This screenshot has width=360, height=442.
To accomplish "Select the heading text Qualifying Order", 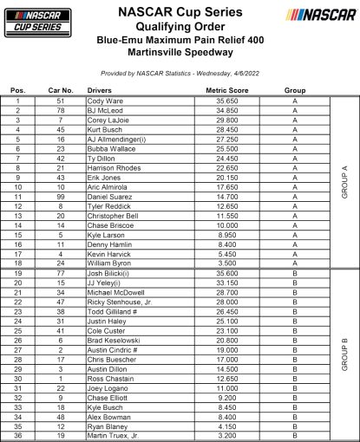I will [x=180, y=28].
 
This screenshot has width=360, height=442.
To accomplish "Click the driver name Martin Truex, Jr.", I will [x=141, y=436].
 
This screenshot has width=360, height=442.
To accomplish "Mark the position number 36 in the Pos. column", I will [x=16, y=436].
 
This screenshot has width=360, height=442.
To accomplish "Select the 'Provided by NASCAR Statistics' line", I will [x=180, y=75].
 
